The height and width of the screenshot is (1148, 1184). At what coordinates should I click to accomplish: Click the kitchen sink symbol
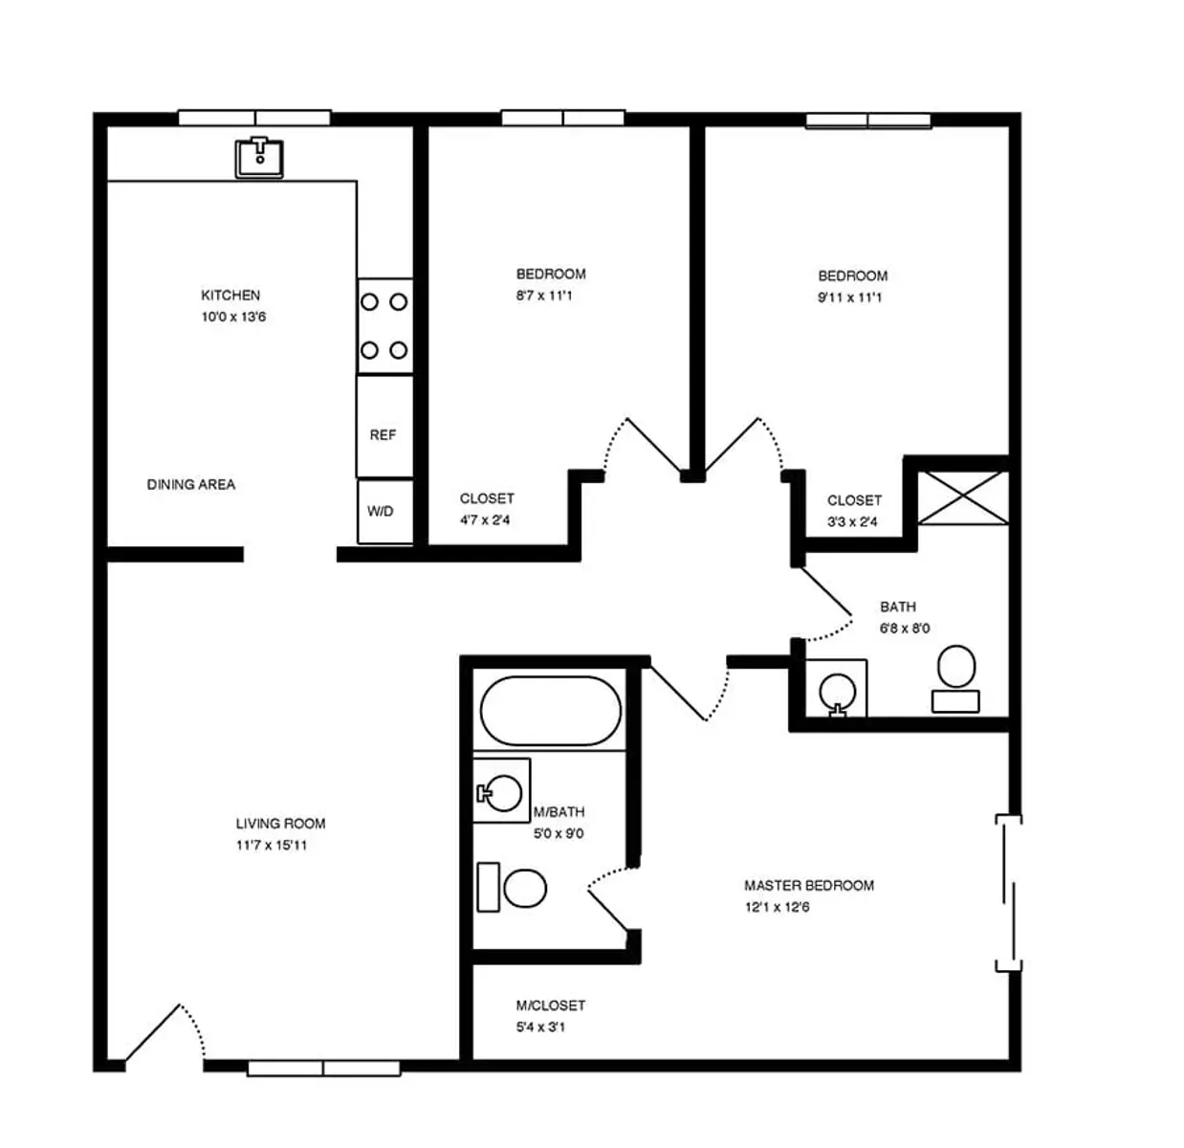[259, 157]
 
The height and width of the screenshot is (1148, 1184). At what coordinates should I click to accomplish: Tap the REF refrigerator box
[384, 426]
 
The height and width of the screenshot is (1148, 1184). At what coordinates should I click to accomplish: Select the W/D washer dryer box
[385, 511]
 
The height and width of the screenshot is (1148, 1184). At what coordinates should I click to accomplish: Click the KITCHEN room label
[230, 296]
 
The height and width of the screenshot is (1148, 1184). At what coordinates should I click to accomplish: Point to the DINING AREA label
[191, 484]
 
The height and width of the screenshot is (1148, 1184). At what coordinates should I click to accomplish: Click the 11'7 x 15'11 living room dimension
[272, 845]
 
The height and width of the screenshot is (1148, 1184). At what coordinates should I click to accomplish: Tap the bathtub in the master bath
[550, 711]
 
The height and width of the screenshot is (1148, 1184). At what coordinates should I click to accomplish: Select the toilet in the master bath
[512, 888]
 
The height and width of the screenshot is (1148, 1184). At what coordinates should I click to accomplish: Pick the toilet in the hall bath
[955, 678]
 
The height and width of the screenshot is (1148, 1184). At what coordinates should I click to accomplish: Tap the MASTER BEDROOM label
[809, 886]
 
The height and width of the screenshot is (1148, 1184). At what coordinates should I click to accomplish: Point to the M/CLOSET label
[551, 1005]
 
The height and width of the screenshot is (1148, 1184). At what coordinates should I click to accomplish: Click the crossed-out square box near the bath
[963, 497]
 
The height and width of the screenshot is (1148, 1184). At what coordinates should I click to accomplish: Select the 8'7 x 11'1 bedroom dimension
[544, 296]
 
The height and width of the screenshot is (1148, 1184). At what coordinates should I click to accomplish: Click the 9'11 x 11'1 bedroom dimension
[849, 298]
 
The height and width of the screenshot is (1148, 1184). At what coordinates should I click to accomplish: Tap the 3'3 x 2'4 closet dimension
[852, 521]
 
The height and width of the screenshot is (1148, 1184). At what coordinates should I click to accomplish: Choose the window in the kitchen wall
[254, 118]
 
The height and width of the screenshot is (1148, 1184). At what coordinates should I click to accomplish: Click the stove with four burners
[385, 325]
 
